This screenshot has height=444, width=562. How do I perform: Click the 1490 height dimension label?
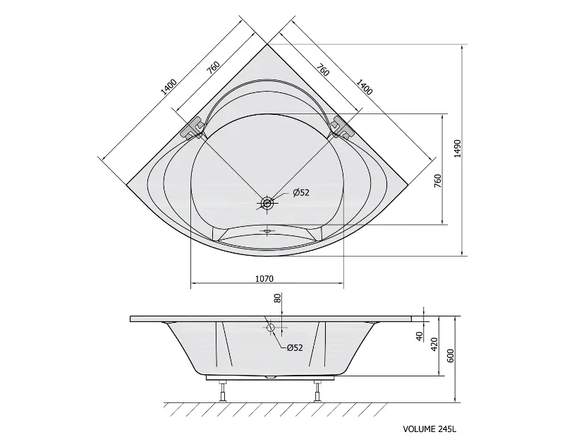457,149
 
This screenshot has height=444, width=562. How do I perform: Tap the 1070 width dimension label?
264,279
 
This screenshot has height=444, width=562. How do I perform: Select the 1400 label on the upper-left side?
169,87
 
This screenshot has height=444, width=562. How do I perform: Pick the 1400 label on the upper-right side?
364,87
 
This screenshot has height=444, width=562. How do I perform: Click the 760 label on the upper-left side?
213,68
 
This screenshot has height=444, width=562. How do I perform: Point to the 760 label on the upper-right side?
322,70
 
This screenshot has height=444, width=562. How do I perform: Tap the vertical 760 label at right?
437,181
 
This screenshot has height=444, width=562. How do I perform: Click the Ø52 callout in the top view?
300,193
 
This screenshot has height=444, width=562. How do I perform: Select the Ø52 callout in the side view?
295,347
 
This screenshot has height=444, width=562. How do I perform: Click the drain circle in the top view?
267,204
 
